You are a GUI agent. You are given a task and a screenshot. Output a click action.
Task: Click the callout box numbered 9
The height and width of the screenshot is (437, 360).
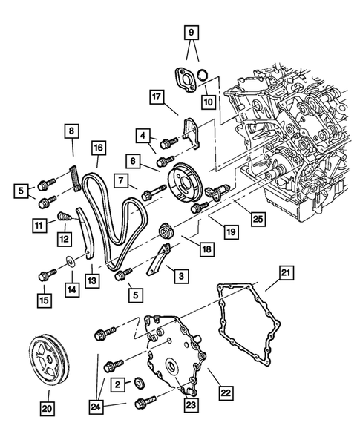[x=191, y=32]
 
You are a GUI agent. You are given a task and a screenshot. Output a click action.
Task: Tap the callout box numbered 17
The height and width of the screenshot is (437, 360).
[x=157, y=97]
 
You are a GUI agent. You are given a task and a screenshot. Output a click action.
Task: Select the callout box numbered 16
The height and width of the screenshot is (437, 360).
[x=98, y=148]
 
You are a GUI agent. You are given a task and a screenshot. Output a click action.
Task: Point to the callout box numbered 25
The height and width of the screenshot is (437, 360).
[x=258, y=219]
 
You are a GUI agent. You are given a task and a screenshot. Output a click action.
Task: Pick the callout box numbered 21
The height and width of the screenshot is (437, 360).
[x=286, y=273]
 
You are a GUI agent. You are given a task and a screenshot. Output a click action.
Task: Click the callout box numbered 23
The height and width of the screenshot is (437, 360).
[x=191, y=404]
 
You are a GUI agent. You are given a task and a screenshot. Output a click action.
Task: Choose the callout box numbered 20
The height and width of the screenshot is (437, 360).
[x=47, y=409]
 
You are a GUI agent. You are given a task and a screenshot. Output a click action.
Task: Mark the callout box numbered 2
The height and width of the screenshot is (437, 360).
[x=118, y=385]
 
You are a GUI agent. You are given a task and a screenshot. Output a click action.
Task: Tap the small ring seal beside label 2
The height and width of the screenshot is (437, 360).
[x=139, y=384]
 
